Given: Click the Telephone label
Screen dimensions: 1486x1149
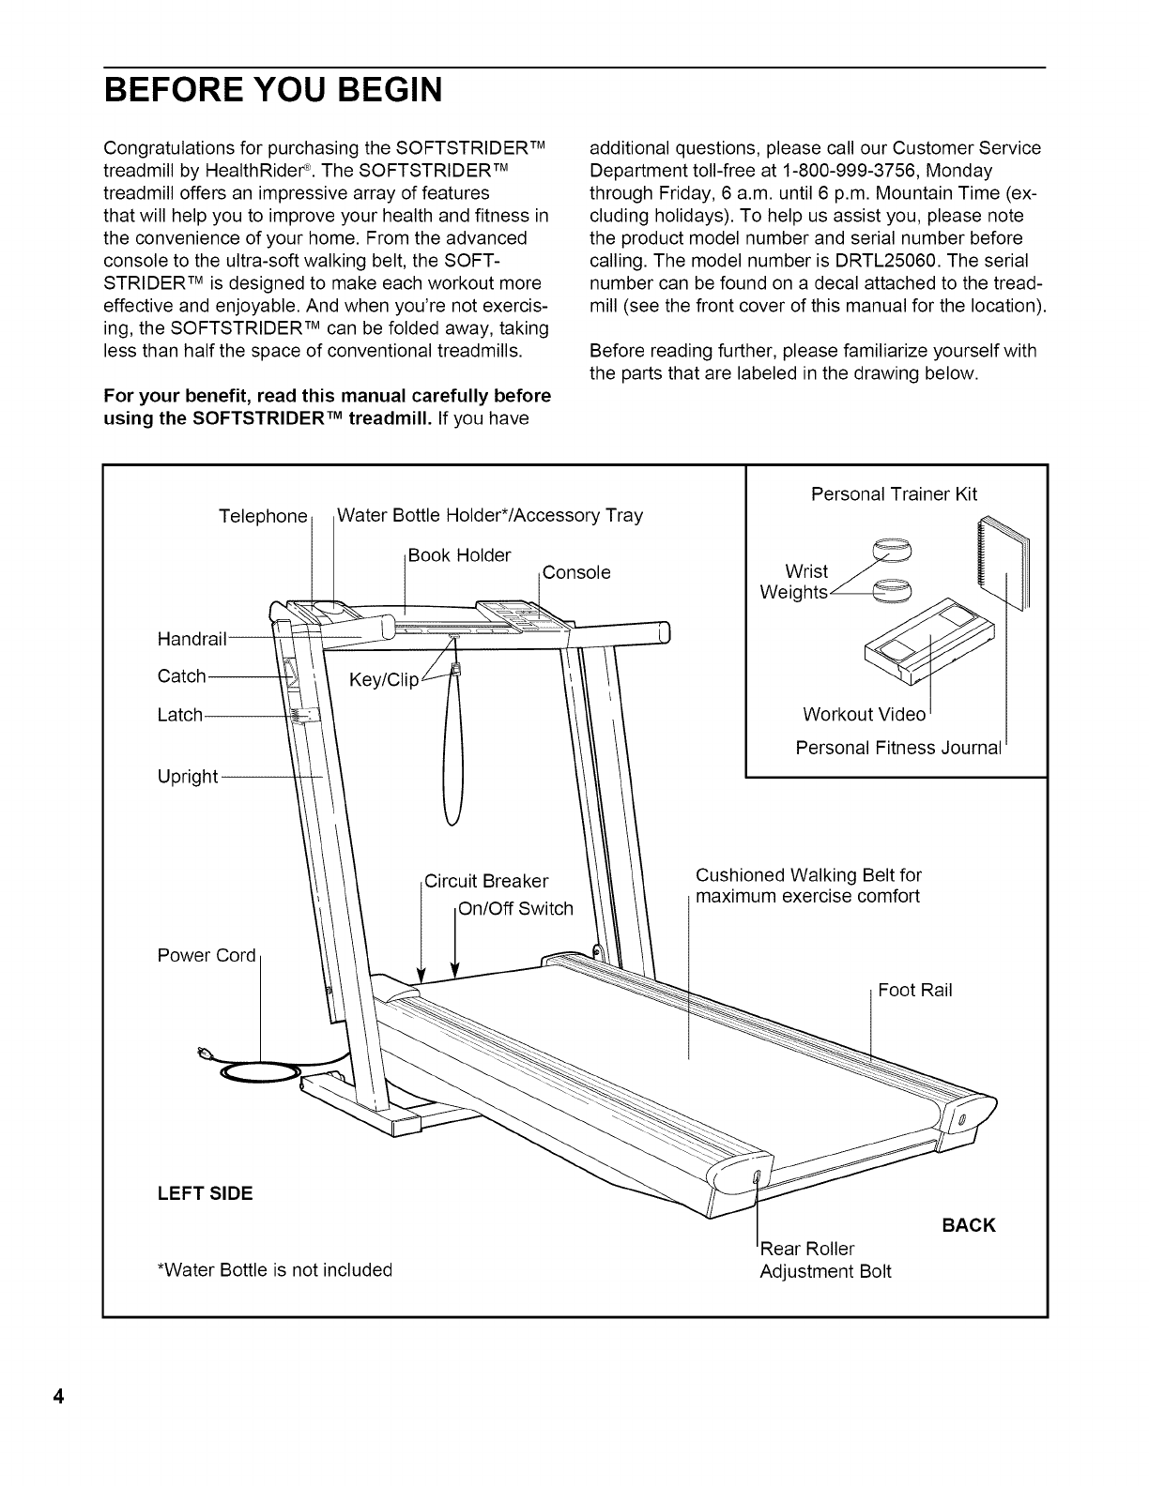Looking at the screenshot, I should tap(263, 517).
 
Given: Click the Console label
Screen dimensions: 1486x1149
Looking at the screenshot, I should tap(576, 572).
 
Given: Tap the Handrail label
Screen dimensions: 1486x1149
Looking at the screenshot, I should tap(192, 639).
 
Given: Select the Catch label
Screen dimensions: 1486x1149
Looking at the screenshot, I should tap(182, 676).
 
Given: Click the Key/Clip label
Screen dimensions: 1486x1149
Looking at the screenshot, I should tap(383, 680).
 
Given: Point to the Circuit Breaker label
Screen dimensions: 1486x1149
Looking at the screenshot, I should tap(486, 881).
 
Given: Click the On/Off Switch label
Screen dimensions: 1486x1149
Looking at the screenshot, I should tap(514, 908).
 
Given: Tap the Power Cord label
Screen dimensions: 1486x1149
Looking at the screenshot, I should tap(207, 955).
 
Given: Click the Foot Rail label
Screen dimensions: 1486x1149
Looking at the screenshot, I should tap(915, 990).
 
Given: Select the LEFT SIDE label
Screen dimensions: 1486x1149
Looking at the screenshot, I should tap(206, 1193).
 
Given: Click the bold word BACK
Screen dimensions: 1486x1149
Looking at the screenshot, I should tap(968, 1225).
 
